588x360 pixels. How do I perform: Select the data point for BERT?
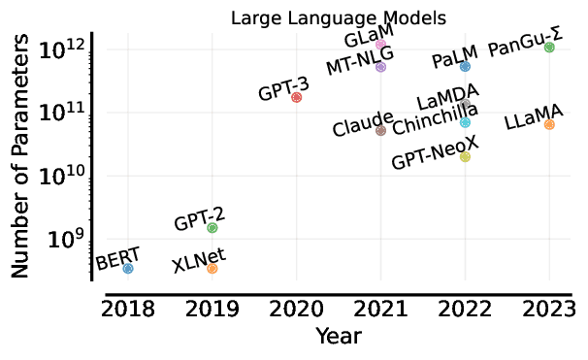[x=128, y=268]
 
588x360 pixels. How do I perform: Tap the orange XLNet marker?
[x=212, y=268]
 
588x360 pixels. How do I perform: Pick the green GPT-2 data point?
[x=212, y=227]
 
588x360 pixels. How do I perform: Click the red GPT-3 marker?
[x=297, y=97]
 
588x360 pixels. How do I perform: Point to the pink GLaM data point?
[x=381, y=45]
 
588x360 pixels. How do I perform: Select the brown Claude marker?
[x=381, y=130]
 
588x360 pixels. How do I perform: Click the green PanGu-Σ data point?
[x=549, y=47]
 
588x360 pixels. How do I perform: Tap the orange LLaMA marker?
[x=549, y=124]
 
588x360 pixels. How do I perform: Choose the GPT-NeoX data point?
[x=465, y=156]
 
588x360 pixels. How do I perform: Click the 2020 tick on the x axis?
[x=297, y=310]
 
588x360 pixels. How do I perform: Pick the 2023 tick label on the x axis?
[x=549, y=310]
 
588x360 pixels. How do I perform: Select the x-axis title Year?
[x=339, y=337]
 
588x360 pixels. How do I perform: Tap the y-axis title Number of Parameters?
[x=21, y=160]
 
